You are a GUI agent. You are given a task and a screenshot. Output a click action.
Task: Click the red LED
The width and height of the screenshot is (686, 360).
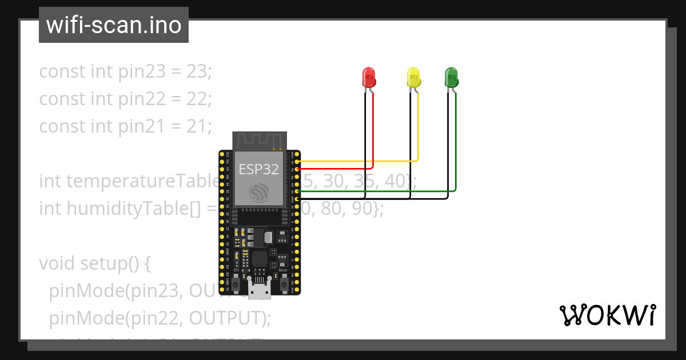click(x=369, y=77)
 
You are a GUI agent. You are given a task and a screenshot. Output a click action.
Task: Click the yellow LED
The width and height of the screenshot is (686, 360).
click(x=413, y=77)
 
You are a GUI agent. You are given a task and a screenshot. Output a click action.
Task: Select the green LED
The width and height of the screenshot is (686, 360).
click(x=451, y=77)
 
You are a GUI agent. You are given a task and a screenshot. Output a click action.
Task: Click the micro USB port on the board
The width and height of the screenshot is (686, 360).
click(x=260, y=285)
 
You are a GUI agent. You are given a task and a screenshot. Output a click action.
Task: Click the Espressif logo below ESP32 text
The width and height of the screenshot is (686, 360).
click(x=258, y=192)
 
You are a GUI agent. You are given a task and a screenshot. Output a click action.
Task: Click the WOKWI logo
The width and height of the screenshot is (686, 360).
click(x=607, y=315)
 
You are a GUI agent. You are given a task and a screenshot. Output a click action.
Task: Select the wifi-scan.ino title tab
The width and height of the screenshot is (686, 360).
click(x=114, y=25)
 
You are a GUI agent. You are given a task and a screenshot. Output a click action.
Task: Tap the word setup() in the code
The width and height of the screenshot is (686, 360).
click(x=114, y=263)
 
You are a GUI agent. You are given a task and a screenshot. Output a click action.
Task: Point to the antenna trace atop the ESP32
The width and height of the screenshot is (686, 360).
click(x=260, y=139)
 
